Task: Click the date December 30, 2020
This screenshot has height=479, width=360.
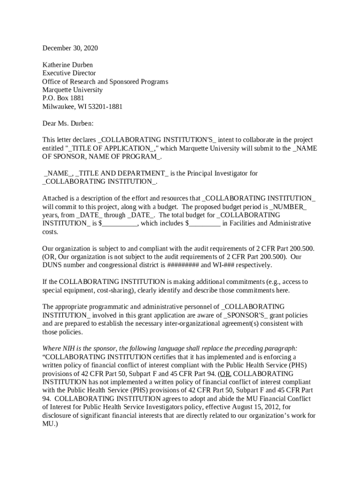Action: pyautogui.click(x=70, y=48)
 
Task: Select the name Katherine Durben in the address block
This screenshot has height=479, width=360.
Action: pyautogui.click(x=68, y=65)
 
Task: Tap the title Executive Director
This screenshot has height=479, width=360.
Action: pyautogui.click(x=69, y=73)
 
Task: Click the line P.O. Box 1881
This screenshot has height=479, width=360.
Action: pyautogui.click(x=63, y=98)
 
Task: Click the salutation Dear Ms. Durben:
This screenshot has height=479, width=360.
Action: pyautogui.click(x=68, y=123)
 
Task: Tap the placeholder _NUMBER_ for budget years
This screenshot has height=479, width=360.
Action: pyautogui.click(x=288, y=207)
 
